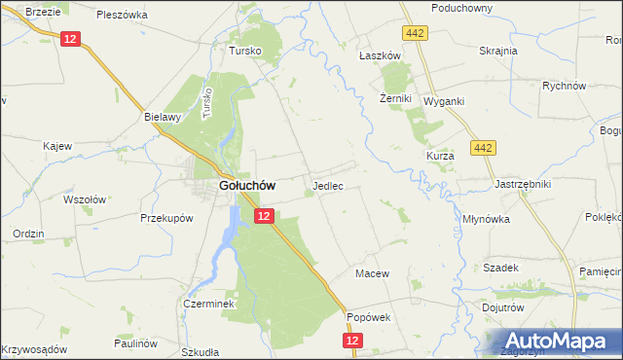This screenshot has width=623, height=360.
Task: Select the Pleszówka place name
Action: click(122, 15)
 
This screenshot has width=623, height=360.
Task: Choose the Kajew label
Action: click(57, 146)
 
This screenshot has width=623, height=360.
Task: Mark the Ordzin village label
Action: click(28, 234)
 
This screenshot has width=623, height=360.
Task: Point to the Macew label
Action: click(372, 273)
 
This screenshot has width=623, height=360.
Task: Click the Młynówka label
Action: click(488, 219)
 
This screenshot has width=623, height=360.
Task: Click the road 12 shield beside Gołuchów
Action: click(263, 216)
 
